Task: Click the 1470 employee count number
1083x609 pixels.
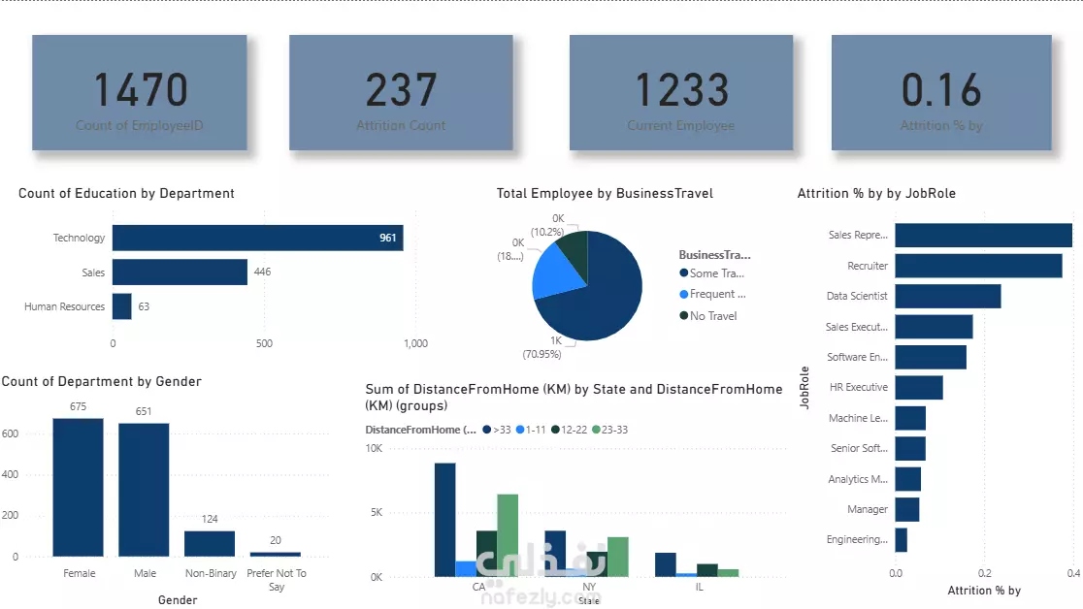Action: [141, 90]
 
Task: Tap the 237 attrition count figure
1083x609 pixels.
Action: [401, 90]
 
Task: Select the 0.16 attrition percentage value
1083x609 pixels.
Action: [941, 90]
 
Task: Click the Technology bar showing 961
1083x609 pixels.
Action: [257, 238]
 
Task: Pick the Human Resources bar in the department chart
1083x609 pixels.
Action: [121, 306]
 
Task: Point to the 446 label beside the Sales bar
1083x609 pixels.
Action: [262, 272]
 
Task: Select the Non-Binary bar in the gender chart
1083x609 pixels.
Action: [210, 544]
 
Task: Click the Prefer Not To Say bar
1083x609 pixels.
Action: [275, 554]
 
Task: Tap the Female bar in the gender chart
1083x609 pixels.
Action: [79, 488]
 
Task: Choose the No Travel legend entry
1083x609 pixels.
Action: [712, 316]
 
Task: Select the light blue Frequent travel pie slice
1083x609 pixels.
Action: [556, 272]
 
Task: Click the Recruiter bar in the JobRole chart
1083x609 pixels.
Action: [978, 266]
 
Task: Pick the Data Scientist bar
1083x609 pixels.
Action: [947, 296]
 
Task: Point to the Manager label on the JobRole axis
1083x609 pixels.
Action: [867, 509]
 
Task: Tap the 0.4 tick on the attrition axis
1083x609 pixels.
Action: [1072, 573]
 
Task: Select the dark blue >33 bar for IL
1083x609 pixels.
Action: [666, 564]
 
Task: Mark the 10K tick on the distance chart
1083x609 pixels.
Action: [374, 448]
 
